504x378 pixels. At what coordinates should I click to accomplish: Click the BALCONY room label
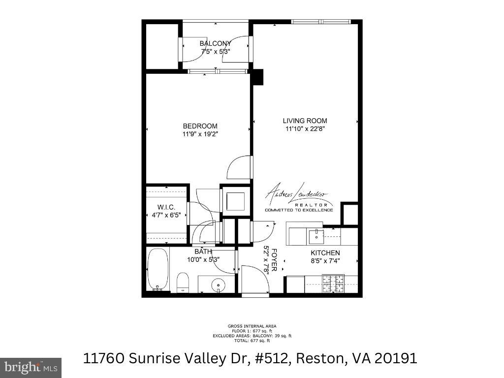click(x=215, y=44)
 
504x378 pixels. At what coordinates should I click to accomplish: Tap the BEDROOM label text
click(x=200, y=126)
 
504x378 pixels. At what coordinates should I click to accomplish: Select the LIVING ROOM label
click(x=305, y=121)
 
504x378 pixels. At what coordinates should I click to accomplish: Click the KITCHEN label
click(x=325, y=253)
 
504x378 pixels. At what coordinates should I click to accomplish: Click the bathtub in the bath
click(x=158, y=270)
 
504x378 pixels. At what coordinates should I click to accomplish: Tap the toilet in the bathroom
click(x=183, y=283)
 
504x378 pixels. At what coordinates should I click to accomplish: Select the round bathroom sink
click(x=217, y=285)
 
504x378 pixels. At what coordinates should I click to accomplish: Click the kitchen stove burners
click(x=333, y=284)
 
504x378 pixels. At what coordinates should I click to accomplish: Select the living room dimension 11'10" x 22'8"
click(x=305, y=129)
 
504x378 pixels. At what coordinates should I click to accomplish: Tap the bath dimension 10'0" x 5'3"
click(x=203, y=259)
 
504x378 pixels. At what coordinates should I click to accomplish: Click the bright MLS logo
click(x=31, y=367)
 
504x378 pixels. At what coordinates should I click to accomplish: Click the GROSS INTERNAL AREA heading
click(x=252, y=326)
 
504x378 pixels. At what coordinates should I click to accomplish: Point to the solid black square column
click(x=257, y=77)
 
